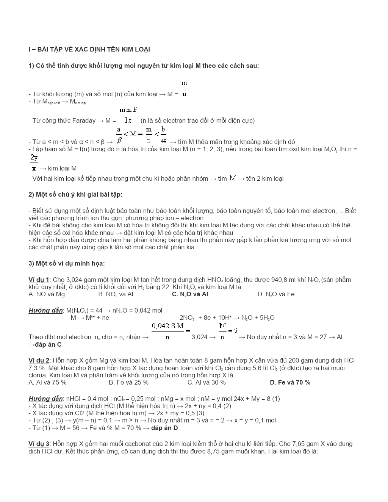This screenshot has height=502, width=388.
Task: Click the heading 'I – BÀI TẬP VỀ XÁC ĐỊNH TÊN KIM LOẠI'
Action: (x=89, y=50)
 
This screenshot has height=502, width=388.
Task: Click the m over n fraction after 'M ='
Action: (x=184, y=89)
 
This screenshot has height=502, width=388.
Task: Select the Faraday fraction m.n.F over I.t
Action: (x=128, y=115)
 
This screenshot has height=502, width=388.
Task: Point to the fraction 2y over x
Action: (x=34, y=163)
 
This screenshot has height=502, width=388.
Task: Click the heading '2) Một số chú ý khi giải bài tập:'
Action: (x=75, y=195)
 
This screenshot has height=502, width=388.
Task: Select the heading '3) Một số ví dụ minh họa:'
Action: (x=67, y=264)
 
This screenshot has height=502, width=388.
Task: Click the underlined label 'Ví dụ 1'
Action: (x=39, y=280)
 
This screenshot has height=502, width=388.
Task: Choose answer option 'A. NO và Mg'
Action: (x=47, y=294)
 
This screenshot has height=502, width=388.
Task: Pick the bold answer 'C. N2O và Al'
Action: (x=190, y=294)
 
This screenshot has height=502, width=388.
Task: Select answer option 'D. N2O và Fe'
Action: (x=276, y=294)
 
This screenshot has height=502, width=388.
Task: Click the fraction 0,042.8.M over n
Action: (x=168, y=331)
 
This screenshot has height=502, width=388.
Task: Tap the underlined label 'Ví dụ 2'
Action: (x=39, y=361)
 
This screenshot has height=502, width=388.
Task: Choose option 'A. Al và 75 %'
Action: (x=47, y=383)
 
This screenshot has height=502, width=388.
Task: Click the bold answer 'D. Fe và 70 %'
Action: (x=290, y=383)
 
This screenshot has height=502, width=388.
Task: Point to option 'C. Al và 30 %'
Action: (x=207, y=383)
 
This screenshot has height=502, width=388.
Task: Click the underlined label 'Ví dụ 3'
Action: (x=39, y=444)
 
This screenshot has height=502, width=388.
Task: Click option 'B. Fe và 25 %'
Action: (x=128, y=383)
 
